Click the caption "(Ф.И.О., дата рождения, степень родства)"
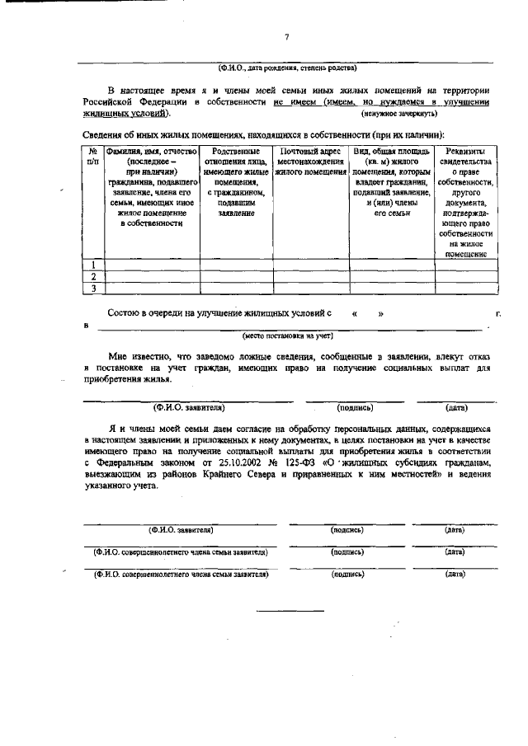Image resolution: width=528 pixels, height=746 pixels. pos(287,67)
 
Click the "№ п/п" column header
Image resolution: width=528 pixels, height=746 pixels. pos(93,157)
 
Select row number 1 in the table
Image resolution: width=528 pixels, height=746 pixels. pos(93,265)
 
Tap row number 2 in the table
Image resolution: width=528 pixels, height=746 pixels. pos(93,276)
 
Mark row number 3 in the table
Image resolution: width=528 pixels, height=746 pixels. pos(93,289)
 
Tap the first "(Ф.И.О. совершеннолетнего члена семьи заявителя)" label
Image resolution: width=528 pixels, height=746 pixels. pos(181,551)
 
